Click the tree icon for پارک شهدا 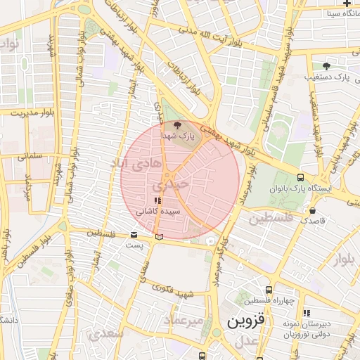tap(176, 124)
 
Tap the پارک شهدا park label tap(174, 134)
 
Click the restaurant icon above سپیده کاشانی tap(157, 201)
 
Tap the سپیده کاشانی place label tap(161, 211)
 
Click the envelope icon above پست tap(134, 235)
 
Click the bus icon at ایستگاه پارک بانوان tap(301, 178)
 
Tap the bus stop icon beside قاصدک tap(313, 210)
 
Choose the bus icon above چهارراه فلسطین tap(269, 290)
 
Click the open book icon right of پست tap(160, 236)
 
